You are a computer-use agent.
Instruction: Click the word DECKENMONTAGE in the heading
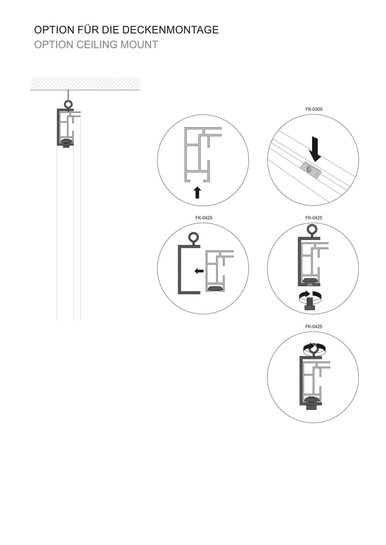point(170,30)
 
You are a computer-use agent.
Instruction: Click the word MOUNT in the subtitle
point(139,45)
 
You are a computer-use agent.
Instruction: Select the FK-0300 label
point(314,109)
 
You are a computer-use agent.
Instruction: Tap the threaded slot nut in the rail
point(310,170)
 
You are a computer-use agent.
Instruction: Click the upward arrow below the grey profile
point(197,192)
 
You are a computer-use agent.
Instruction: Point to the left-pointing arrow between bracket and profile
point(199,271)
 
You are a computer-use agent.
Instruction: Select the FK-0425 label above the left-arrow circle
point(204,218)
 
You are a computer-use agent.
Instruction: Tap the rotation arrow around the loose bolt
point(310,297)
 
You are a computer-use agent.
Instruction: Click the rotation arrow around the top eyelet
point(314,349)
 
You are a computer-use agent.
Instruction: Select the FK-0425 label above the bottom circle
point(314,326)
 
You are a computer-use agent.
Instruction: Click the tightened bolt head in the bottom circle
point(311,407)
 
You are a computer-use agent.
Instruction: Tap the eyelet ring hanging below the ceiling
point(69,104)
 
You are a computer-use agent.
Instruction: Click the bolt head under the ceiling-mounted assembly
point(66,147)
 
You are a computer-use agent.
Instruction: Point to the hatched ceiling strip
point(85,84)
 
